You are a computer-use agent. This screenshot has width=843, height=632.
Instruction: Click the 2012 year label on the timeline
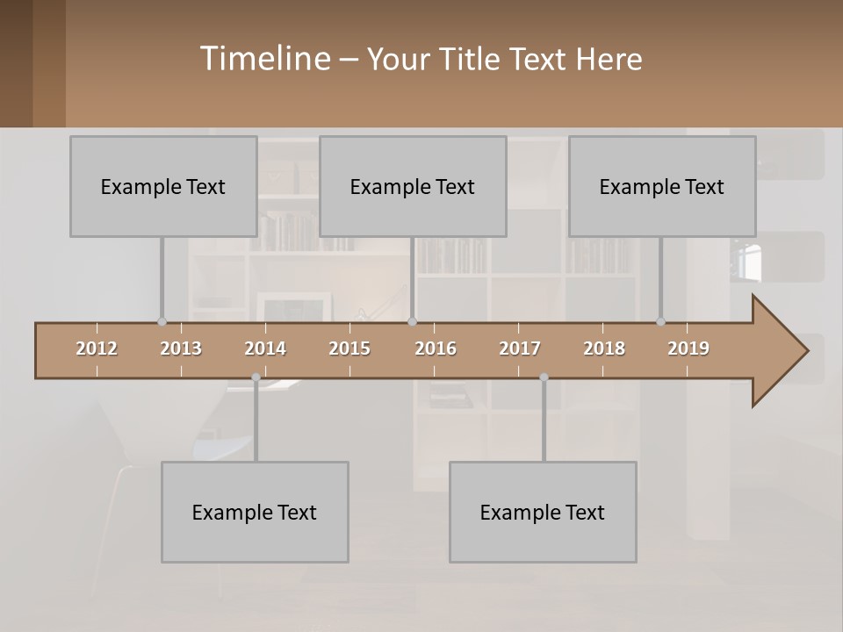(97, 348)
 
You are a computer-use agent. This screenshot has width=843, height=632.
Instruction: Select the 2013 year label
(181, 348)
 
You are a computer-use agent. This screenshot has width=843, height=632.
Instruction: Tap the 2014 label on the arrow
(265, 348)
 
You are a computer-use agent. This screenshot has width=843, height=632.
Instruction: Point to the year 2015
(349, 348)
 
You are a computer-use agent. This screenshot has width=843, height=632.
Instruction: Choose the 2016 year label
(436, 348)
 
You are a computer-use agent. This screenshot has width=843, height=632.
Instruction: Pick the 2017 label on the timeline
(520, 348)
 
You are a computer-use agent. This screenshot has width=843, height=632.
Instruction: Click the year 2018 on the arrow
(604, 348)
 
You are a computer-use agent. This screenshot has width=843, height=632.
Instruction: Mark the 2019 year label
(688, 348)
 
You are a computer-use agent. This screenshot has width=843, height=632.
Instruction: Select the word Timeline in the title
(263, 59)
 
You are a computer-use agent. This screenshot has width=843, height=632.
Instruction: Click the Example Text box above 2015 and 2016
(413, 186)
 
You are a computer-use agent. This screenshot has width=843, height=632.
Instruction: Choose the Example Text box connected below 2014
(255, 512)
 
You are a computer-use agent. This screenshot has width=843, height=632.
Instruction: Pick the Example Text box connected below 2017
(543, 512)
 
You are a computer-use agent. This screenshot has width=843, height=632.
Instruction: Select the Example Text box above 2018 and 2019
(662, 186)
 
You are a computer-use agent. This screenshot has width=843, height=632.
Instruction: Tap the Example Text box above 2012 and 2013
(163, 186)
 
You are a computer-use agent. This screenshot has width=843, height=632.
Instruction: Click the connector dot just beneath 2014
(256, 377)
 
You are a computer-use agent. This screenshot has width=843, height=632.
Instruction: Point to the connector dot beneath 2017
(544, 377)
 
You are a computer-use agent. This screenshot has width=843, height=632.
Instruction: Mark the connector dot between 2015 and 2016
(413, 322)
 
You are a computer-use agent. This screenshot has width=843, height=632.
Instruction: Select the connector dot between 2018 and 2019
(661, 322)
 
